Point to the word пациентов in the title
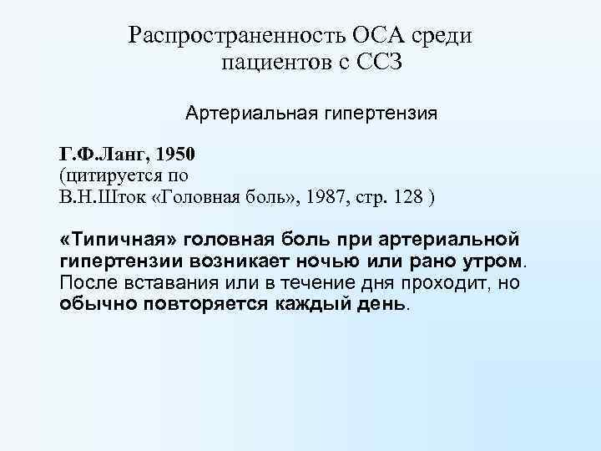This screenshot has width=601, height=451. (271, 63)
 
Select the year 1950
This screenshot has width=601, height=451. (174, 155)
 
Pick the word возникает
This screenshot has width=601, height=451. (223, 261)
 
